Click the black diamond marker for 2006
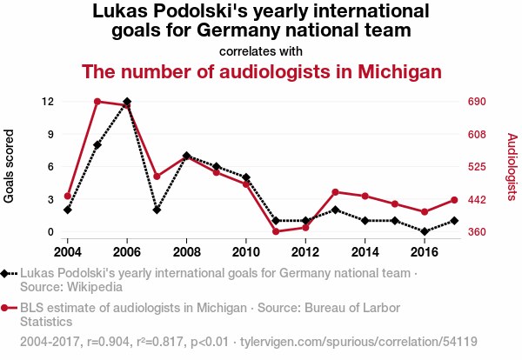tap(127, 102)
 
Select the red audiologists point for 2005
tap(97, 102)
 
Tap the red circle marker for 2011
tap(276, 231)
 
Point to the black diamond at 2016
tap(425, 231)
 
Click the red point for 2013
tap(335, 192)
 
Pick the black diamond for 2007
tap(157, 210)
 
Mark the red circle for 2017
tap(454, 200)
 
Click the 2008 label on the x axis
tap(186, 252)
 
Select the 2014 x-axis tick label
tap(365, 252)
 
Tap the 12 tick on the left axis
tap(48, 102)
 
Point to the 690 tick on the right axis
tap(477, 102)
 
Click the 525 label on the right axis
tap(477, 167)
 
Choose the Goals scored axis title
tap(9, 166)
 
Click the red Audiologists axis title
tap(512, 167)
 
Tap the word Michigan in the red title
tap(399, 71)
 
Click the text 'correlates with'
tap(261, 51)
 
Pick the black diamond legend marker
tap(4, 274)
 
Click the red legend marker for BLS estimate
tap(4, 308)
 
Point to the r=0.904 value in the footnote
tap(108, 342)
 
